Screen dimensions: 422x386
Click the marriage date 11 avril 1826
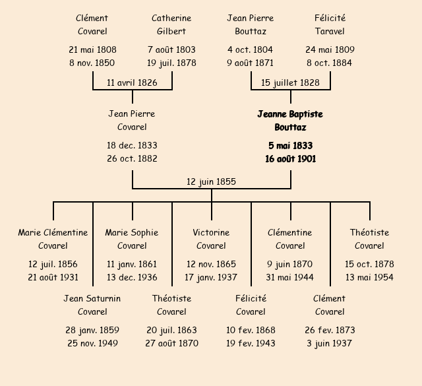[x=132, y=82]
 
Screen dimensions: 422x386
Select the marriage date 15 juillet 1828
[x=290, y=82]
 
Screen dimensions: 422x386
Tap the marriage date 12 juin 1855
[x=211, y=182]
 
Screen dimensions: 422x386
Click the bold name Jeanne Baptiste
[x=290, y=114]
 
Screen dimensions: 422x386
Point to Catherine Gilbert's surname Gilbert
[x=171, y=31]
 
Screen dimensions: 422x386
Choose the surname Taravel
[x=330, y=31]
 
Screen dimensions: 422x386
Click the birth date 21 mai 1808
[x=92, y=50]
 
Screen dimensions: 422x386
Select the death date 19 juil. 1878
[x=171, y=63]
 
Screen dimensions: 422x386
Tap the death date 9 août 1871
[x=251, y=63]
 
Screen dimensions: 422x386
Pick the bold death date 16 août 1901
[x=290, y=159]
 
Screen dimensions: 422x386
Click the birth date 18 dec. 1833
[x=132, y=145]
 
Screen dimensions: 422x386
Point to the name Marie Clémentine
[x=53, y=232]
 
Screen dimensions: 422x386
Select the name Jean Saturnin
[x=92, y=298]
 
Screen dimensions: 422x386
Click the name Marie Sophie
[x=132, y=232]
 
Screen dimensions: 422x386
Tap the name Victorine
[x=211, y=232]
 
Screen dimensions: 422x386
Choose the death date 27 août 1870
[x=171, y=343]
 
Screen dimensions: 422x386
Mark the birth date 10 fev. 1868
[x=251, y=330]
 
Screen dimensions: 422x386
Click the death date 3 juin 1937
[x=329, y=343]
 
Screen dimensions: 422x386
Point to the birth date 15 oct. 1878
[x=369, y=264]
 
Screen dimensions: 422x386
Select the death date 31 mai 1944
[x=290, y=277]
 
